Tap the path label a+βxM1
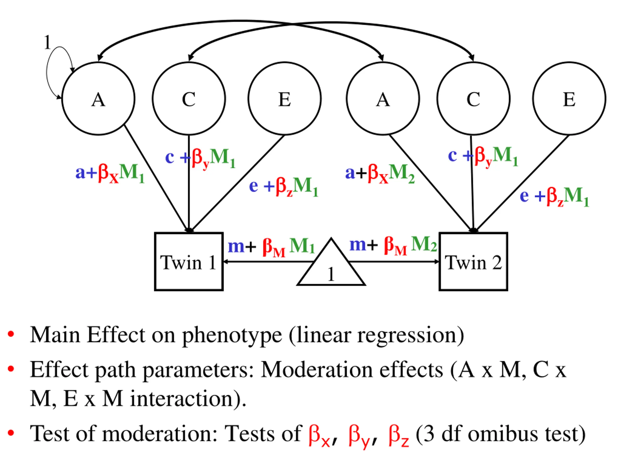click(x=110, y=173)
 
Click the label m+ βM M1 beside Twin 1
click(x=271, y=247)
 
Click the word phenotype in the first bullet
click(x=232, y=336)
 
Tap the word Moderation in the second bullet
click(x=316, y=370)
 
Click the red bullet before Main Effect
click(x=11, y=334)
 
